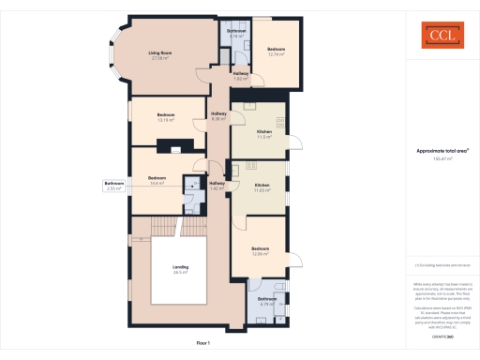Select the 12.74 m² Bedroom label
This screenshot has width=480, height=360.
tap(276, 51)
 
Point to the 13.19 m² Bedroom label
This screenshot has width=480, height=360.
tap(167, 117)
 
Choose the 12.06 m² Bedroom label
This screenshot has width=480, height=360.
tap(261, 250)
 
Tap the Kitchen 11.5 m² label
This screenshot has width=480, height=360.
tap(264, 134)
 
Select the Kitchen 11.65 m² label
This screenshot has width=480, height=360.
tap(262, 187)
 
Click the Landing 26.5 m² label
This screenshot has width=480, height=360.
tap(181, 270)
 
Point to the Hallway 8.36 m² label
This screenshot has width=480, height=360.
tap(219, 116)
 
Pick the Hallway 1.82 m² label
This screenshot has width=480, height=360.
tap(240, 76)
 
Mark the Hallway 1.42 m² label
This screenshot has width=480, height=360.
tap(217, 186)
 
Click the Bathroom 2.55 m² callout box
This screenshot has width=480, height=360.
tap(114, 185)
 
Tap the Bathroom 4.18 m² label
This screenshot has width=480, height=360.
tap(237, 34)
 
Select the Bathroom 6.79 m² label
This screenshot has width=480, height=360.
tap(267, 301)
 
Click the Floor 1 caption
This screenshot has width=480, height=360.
tap(203, 344)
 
